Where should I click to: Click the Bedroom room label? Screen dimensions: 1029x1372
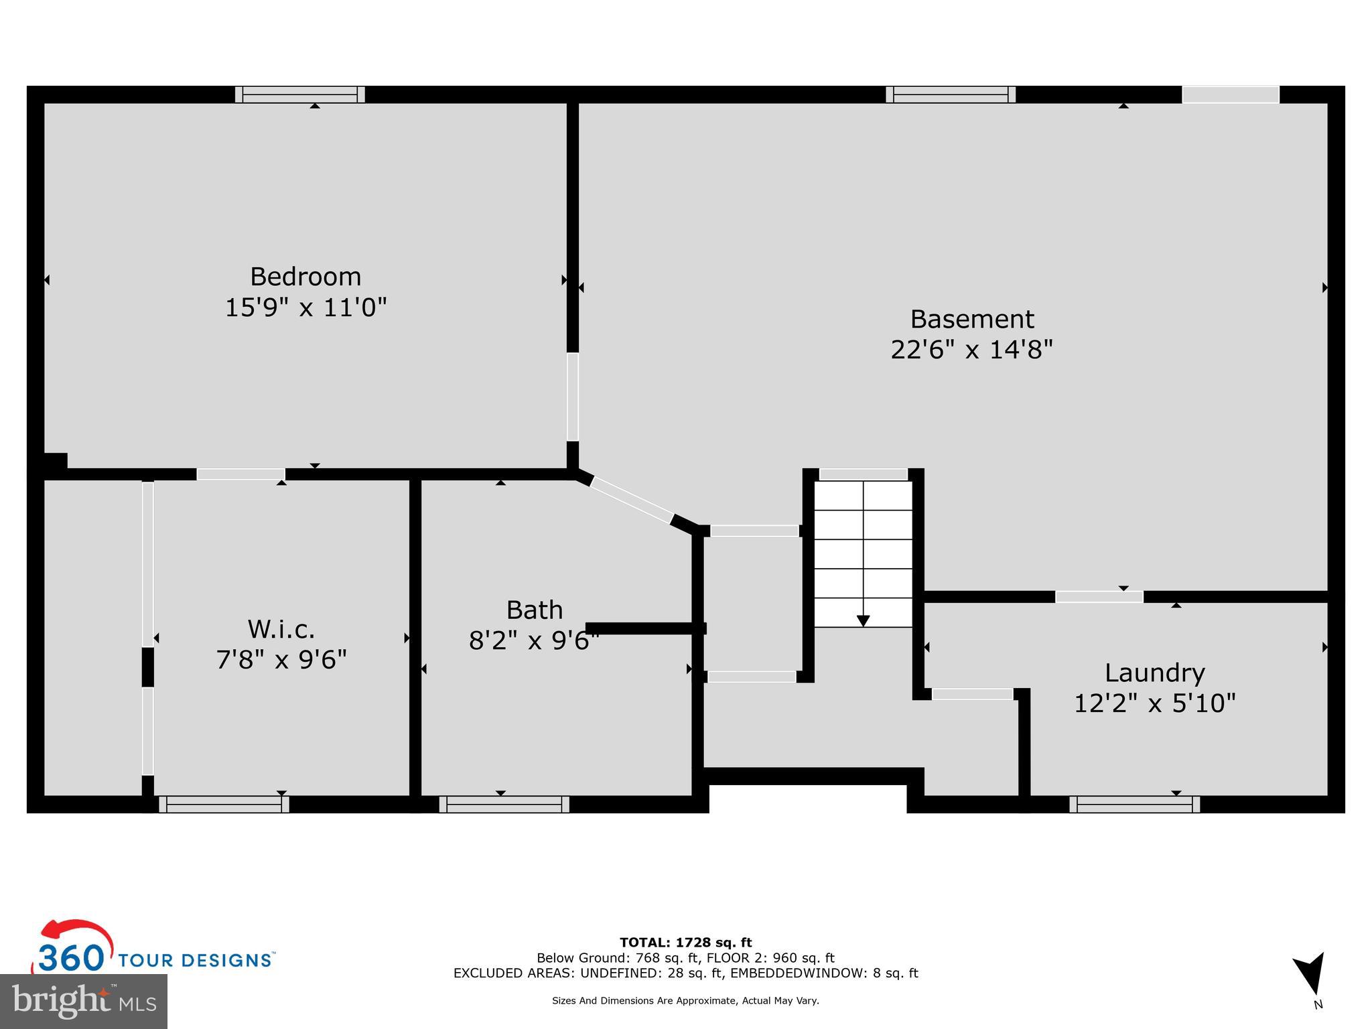click(305, 276)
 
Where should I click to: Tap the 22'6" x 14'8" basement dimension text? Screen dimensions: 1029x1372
click(971, 350)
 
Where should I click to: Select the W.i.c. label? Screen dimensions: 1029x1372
click(281, 629)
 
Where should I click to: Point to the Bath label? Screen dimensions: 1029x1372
click(534, 610)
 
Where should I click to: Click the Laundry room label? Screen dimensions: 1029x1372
click(1154, 672)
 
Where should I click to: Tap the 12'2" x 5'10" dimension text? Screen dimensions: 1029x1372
click(1154, 703)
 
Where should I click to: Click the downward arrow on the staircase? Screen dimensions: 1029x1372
click(863, 620)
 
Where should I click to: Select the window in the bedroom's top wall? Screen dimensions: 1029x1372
click(299, 94)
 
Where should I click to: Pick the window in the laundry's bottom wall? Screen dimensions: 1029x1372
click(1134, 804)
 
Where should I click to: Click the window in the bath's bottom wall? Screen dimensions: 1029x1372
click(504, 804)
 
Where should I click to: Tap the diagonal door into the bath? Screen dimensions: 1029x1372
click(631, 500)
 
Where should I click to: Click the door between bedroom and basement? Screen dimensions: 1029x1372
click(572, 397)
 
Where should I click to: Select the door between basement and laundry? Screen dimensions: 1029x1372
click(1099, 596)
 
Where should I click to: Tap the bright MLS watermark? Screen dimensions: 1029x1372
click(83, 1001)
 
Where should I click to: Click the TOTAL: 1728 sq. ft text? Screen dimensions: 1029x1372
click(685, 943)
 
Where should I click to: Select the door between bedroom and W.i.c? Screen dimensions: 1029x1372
click(241, 474)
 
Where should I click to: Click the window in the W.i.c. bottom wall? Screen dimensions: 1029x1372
click(224, 804)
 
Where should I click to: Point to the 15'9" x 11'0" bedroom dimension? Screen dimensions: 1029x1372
click(305, 307)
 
